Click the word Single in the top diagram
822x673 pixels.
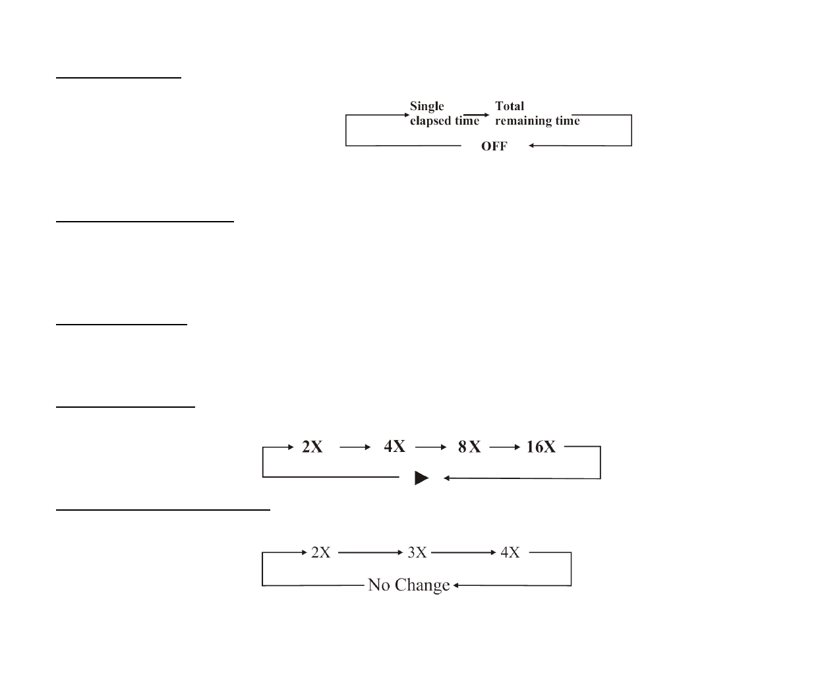(426, 106)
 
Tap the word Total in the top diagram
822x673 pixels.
(509, 106)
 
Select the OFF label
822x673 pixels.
(494, 146)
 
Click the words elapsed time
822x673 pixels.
(444, 121)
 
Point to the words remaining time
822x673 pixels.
(537, 121)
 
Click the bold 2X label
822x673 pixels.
(312, 447)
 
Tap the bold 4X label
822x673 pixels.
(394, 447)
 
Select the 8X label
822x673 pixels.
(469, 447)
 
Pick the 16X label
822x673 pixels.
(541, 447)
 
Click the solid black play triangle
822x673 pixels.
(421, 478)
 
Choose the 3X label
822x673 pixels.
(417, 552)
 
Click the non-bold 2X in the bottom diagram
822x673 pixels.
(320, 552)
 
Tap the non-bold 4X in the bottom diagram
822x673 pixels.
(510, 552)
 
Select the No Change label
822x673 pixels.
(409, 585)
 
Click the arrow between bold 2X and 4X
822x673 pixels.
(356, 447)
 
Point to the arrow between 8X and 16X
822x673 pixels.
(506, 447)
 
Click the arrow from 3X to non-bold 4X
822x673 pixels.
(463, 552)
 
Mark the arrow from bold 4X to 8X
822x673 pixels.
(432, 447)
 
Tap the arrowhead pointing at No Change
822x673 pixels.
(456, 585)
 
